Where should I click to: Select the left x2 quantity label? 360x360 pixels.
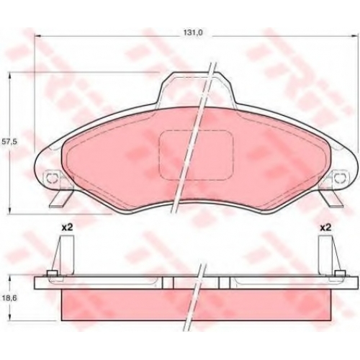click(67, 228)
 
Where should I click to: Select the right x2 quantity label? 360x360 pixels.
click(325, 228)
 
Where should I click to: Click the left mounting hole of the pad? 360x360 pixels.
click(52, 178)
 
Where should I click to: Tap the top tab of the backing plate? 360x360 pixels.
click(197, 89)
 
